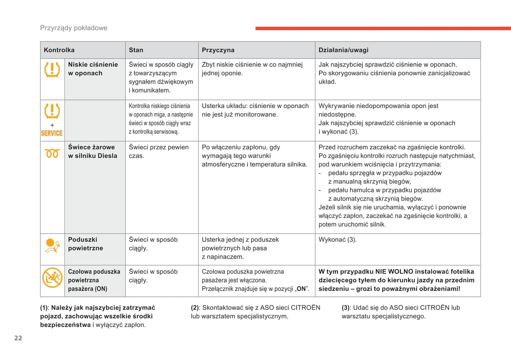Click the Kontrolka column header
(x=59, y=50)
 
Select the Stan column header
(x=136, y=50)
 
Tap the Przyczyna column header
(x=218, y=50)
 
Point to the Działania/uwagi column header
(x=343, y=50)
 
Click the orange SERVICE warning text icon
(x=52, y=133)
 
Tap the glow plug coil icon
(x=52, y=154)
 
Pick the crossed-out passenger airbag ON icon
(x=52, y=278)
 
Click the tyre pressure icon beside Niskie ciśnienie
(x=52, y=70)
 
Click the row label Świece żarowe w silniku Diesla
(x=93, y=152)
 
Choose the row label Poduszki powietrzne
(x=86, y=244)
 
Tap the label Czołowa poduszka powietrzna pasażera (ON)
(x=94, y=280)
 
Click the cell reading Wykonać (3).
(x=337, y=240)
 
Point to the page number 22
(x=18, y=338)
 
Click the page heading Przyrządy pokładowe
(x=74, y=28)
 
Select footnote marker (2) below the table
(x=195, y=308)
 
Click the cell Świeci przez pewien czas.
(x=159, y=152)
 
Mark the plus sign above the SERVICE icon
(x=52, y=125)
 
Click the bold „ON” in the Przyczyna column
(x=301, y=289)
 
